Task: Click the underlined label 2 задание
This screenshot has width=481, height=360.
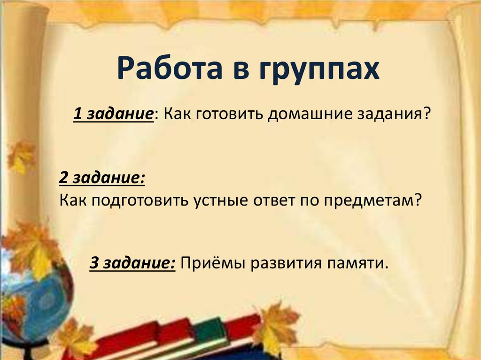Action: (101, 178)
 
